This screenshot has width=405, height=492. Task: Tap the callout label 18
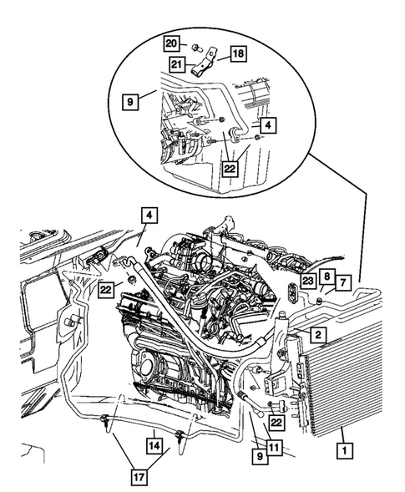[x=238, y=53]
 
